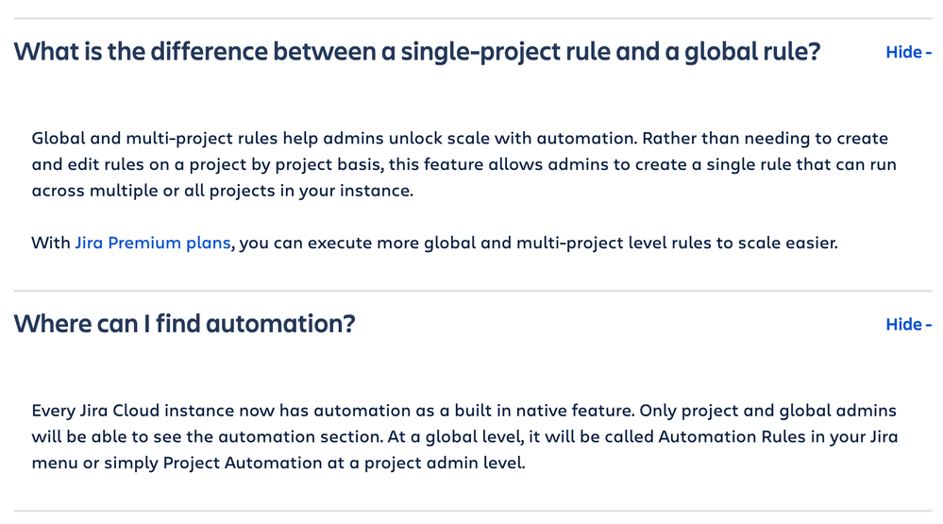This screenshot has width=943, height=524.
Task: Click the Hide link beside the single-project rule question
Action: click(x=908, y=52)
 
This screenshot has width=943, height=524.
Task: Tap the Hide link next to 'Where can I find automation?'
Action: click(x=908, y=324)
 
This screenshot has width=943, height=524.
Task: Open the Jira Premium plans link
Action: click(x=153, y=243)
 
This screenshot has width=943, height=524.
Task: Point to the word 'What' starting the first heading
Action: click(x=46, y=52)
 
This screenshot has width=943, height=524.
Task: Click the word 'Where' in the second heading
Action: click(x=52, y=324)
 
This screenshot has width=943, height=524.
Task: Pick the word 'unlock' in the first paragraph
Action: click(x=415, y=139)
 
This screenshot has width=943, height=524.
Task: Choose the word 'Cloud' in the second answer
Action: click(x=136, y=411)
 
